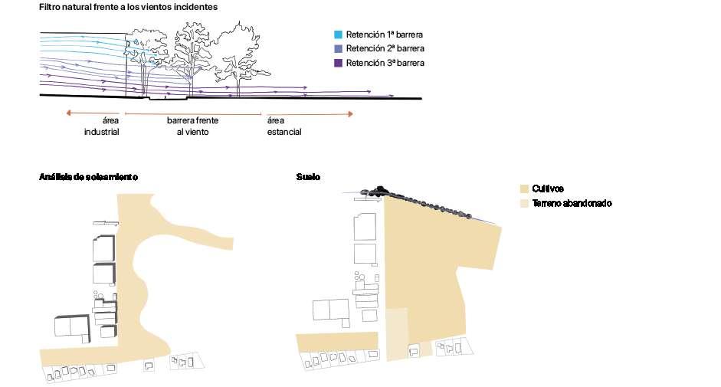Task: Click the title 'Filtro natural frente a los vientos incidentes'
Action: coord(128,7)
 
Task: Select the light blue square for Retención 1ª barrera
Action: coord(338,34)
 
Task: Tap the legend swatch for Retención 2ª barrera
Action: coord(338,48)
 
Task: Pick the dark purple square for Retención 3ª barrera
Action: coord(338,63)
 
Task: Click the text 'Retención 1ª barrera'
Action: coord(384,34)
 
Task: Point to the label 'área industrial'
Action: coord(102,126)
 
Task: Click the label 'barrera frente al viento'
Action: coord(192,126)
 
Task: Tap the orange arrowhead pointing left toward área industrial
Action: coord(68,113)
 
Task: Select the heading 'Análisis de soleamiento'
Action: coord(88,177)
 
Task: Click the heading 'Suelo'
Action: coord(308,177)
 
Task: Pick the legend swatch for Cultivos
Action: coord(524,189)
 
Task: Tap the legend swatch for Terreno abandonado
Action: coord(524,203)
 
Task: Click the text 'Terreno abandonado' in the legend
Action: coord(572,203)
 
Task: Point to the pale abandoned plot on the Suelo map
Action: coord(396,334)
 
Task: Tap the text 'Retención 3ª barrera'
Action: coord(385,63)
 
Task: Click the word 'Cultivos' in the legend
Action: coord(548,189)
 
